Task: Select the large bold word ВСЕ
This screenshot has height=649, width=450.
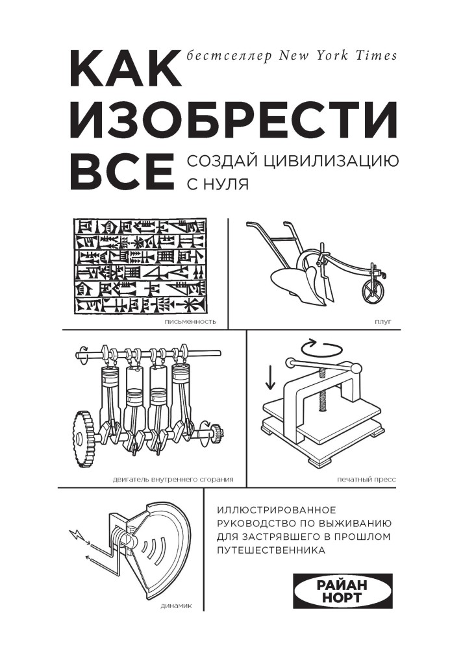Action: pyautogui.click(x=121, y=171)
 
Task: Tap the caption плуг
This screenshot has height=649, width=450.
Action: pyautogui.click(x=383, y=322)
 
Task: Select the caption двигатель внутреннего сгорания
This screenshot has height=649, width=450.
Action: pyautogui.click(x=173, y=480)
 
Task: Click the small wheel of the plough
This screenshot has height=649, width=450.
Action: pyautogui.click(x=372, y=289)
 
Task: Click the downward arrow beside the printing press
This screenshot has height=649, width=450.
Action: pyautogui.click(x=270, y=376)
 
